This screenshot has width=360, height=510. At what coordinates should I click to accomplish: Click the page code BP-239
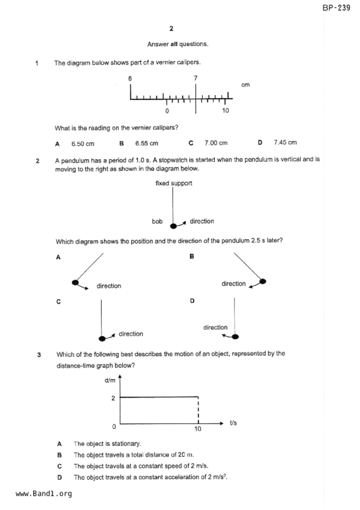336,8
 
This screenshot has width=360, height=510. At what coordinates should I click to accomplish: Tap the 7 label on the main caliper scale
196,78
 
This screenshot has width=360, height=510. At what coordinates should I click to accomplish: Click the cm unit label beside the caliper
245,85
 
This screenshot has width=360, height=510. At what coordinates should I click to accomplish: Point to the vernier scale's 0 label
167,111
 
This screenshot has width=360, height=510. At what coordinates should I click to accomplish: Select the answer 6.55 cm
147,143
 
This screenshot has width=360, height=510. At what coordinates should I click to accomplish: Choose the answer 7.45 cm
285,142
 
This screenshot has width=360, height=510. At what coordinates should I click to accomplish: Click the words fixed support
174,183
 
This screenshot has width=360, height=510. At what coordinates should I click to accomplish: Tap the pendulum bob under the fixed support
173,226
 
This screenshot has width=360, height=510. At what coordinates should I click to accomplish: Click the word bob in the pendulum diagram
157,221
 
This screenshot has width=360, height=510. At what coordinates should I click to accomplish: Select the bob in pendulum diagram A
75,282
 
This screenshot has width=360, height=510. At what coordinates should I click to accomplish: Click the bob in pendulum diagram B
263,281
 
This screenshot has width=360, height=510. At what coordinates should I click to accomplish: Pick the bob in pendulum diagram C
102,338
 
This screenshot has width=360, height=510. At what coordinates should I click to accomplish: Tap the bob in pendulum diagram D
235,337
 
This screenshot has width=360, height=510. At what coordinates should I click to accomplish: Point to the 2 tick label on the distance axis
113,398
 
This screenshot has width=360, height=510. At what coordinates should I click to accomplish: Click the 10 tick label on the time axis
198,429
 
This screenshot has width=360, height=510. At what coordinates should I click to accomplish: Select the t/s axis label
233,423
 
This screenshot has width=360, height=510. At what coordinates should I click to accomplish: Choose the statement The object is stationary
107,444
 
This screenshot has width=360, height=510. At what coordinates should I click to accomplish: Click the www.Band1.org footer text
44,494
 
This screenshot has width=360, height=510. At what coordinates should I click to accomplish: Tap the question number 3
39,355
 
